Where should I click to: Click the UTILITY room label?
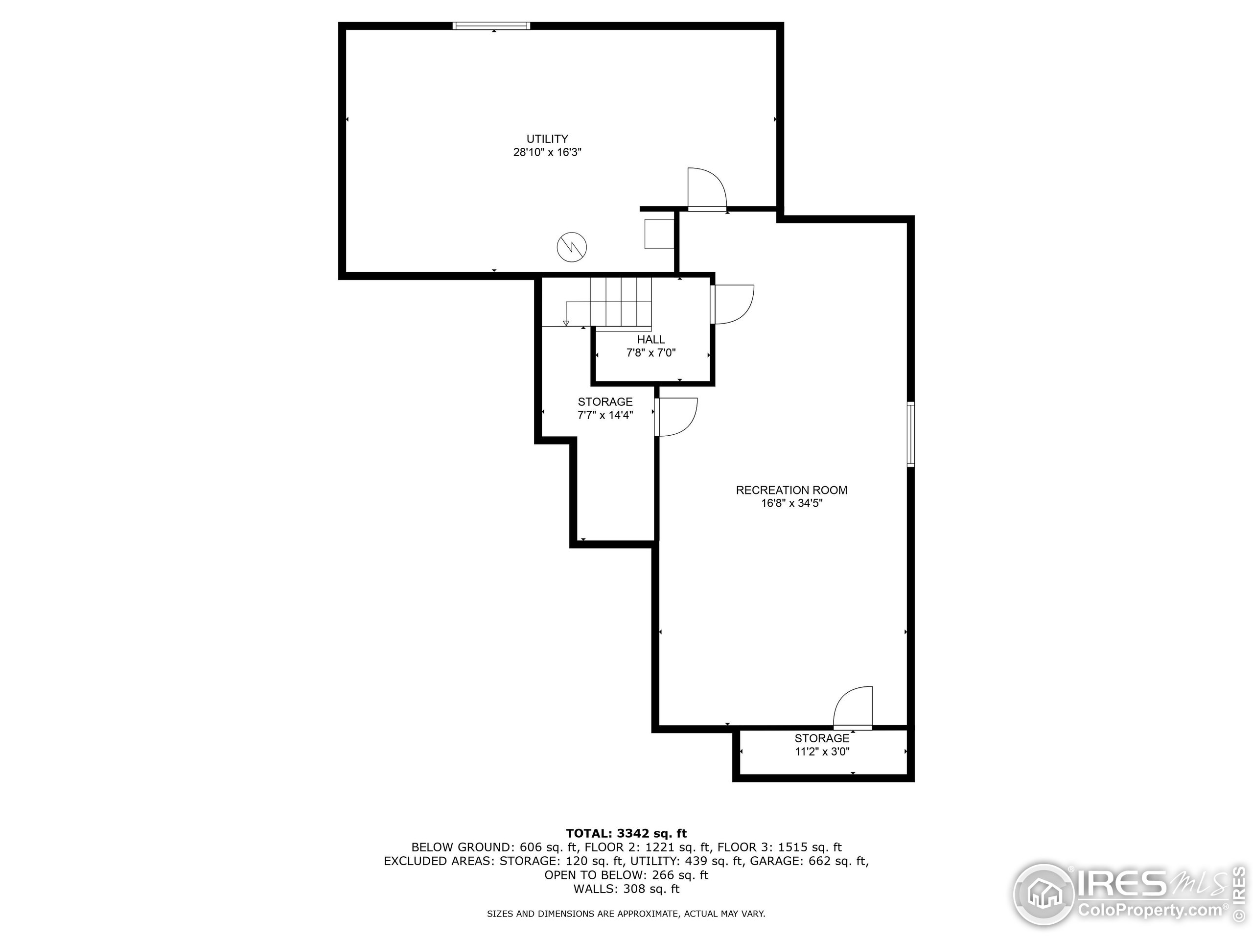click(547, 139)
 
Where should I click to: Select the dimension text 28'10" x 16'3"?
click(547, 152)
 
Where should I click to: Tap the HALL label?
click(651, 339)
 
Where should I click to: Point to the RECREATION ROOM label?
click(791, 490)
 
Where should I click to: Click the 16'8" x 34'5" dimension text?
click(791, 504)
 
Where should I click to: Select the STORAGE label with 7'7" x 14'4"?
click(605, 402)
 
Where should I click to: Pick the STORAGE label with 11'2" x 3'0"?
click(822, 738)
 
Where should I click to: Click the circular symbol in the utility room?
click(572, 247)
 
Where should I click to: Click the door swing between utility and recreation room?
click(706, 188)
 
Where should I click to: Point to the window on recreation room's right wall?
click(910, 434)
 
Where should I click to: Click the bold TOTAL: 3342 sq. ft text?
click(626, 833)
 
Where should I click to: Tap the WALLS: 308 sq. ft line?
click(626, 889)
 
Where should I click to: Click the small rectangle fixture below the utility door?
click(659, 234)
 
